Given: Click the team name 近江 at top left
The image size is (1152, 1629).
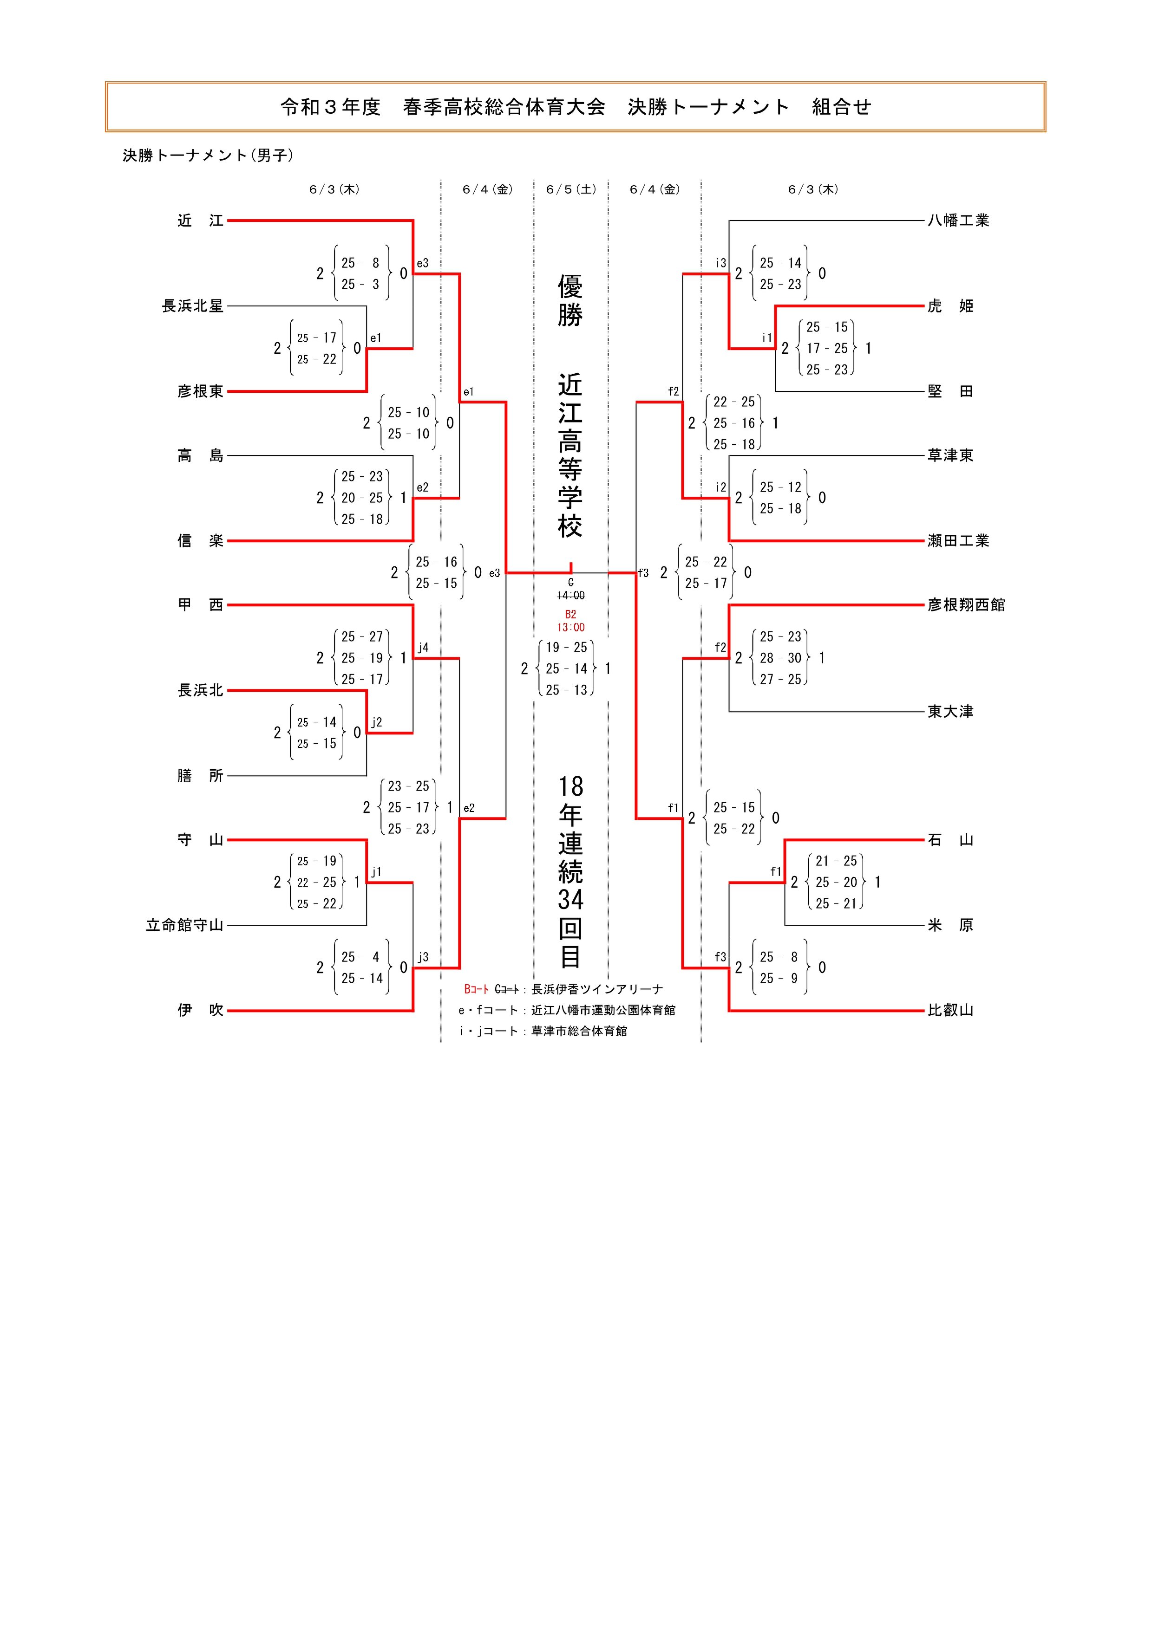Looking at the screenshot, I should click(200, 221).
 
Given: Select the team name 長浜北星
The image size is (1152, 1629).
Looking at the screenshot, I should click(192, 306).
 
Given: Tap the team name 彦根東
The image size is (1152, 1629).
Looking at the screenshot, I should click(200, 391).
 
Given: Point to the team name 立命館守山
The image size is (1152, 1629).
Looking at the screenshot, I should click(184, 925).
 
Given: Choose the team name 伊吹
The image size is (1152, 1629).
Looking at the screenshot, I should click(200, 1010).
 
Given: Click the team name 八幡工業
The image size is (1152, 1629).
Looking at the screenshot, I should click(958, 221).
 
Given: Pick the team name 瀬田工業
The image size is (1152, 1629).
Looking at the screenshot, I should click(958, 541).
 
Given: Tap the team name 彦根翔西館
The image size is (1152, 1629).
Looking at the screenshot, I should click(966, 604).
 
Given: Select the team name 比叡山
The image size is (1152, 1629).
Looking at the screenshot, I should click(950, 1010).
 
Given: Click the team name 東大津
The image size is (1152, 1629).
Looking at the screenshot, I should click(950, 712).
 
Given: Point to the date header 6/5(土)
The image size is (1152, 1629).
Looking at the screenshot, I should click(571, 189).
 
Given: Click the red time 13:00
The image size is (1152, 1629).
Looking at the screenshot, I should click(571, 627).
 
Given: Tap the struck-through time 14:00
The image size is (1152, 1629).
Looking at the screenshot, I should click(571, 595).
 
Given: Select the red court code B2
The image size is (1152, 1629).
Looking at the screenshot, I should click(571, 615).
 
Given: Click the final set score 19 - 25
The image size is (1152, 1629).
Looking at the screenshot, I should click(566, 647).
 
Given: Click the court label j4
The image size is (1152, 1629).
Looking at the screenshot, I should click(423, 647).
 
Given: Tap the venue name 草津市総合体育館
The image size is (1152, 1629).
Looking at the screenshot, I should click(579, 1031).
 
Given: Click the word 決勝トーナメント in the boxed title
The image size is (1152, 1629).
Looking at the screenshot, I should click(708, 107).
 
